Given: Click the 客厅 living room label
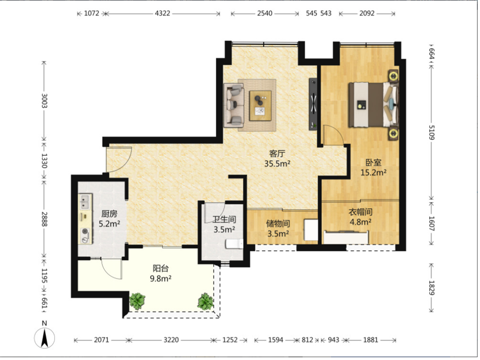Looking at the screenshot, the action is (x=277, y=154).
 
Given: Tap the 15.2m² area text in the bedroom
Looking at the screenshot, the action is (x=373, y=172).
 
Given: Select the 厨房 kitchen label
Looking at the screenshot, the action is (x=109, y=214).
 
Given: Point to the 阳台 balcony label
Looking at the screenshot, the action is (x=160, y=268).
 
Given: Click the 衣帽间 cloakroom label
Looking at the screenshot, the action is (x=360, y=212).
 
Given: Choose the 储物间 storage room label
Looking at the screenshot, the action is (x=278, y=224).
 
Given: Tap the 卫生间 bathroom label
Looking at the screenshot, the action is (x=224, y=220).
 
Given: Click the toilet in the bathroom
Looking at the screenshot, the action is (x=234, y=244).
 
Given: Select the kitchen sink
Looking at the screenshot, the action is (x=85, y=202).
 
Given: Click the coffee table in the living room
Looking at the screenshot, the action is (x=260, y=105).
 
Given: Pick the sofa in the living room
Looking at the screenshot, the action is (x=234, y=105).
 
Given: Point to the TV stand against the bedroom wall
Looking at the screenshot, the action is (x=313, y=104).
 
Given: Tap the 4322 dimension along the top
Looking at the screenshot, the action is (x=162, y=14).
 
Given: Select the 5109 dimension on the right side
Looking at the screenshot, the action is (x=432, y=132).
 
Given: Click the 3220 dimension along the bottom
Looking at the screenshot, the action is (x=171, y=340).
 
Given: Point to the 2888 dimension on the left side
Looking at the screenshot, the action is (x=44, y=219).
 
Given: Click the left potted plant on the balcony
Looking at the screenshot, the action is (x=137, y=302).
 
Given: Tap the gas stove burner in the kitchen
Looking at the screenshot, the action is (x=85, y=232).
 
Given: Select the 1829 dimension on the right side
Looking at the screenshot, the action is (x=432, y=288).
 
